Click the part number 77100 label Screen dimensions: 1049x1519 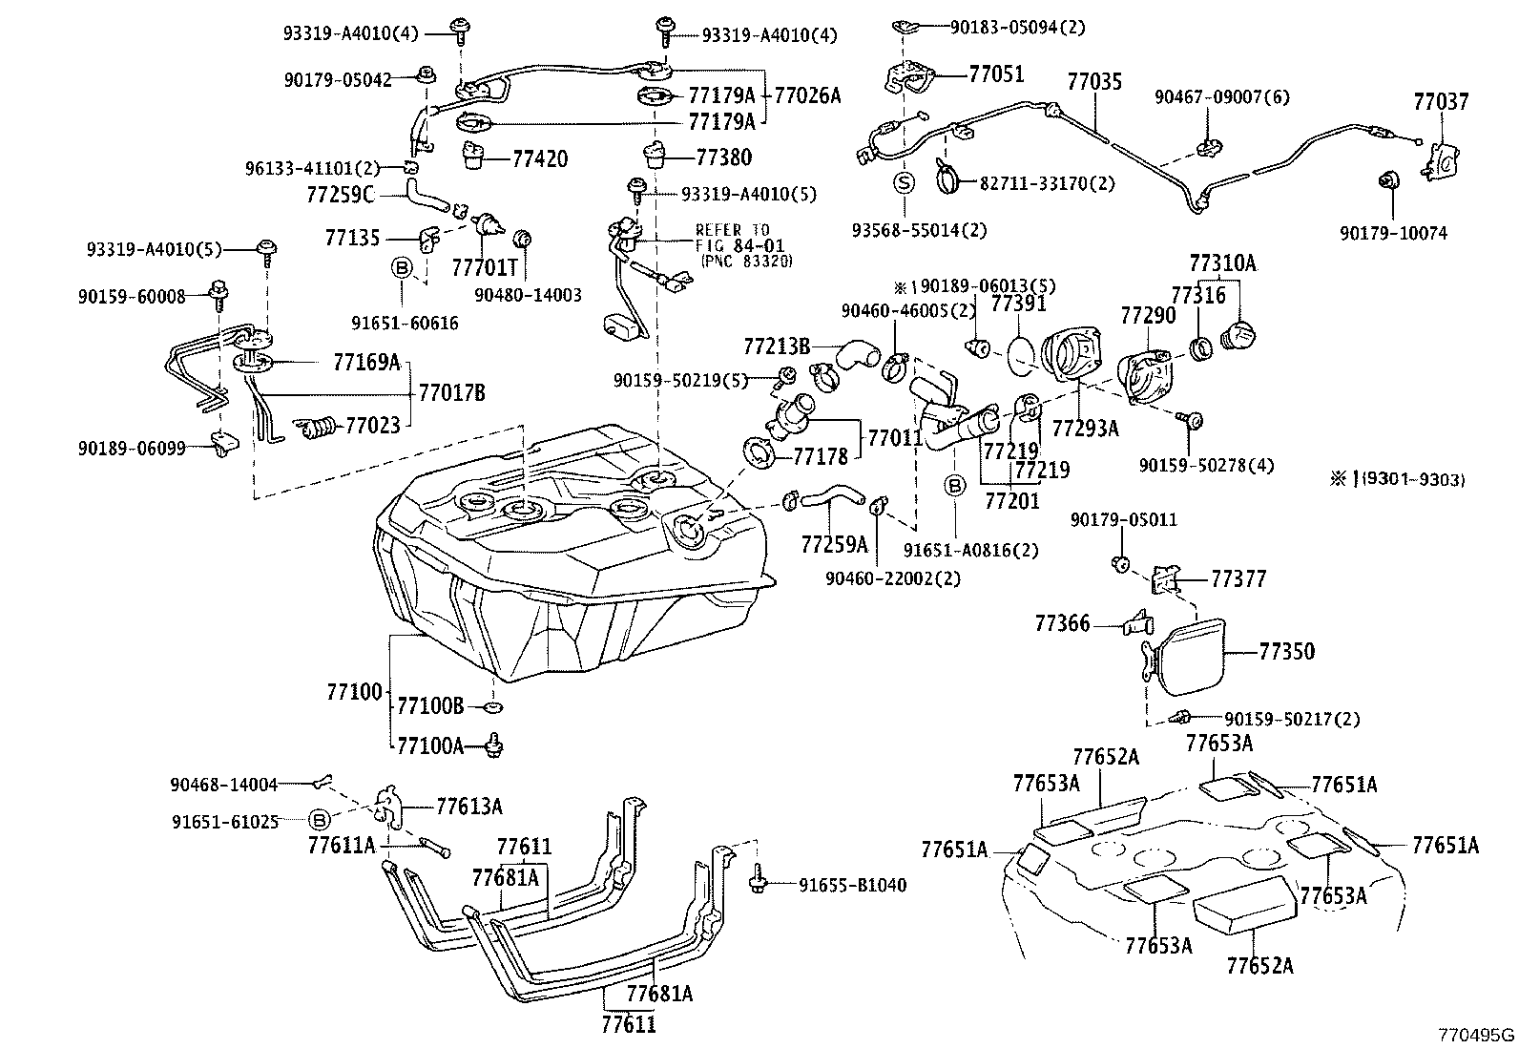point(354,692)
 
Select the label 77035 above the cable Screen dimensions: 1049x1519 point(1094,82)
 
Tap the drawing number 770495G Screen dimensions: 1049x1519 point(1477,1036)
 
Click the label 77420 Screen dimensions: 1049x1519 point(539,158)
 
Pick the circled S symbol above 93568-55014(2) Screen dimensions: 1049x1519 point(904,182)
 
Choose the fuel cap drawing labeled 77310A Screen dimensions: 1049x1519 point(1241,335)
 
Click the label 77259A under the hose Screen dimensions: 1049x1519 point(835,545)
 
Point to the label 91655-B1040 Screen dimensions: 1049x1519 point(852,886)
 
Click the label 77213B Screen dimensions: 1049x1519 point(777,346)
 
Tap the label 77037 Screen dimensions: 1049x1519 point(1441,101)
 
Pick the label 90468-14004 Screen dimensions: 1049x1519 point(224,785)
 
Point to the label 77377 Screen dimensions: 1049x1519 point(1238,578)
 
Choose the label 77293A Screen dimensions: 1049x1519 point(1085,429)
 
